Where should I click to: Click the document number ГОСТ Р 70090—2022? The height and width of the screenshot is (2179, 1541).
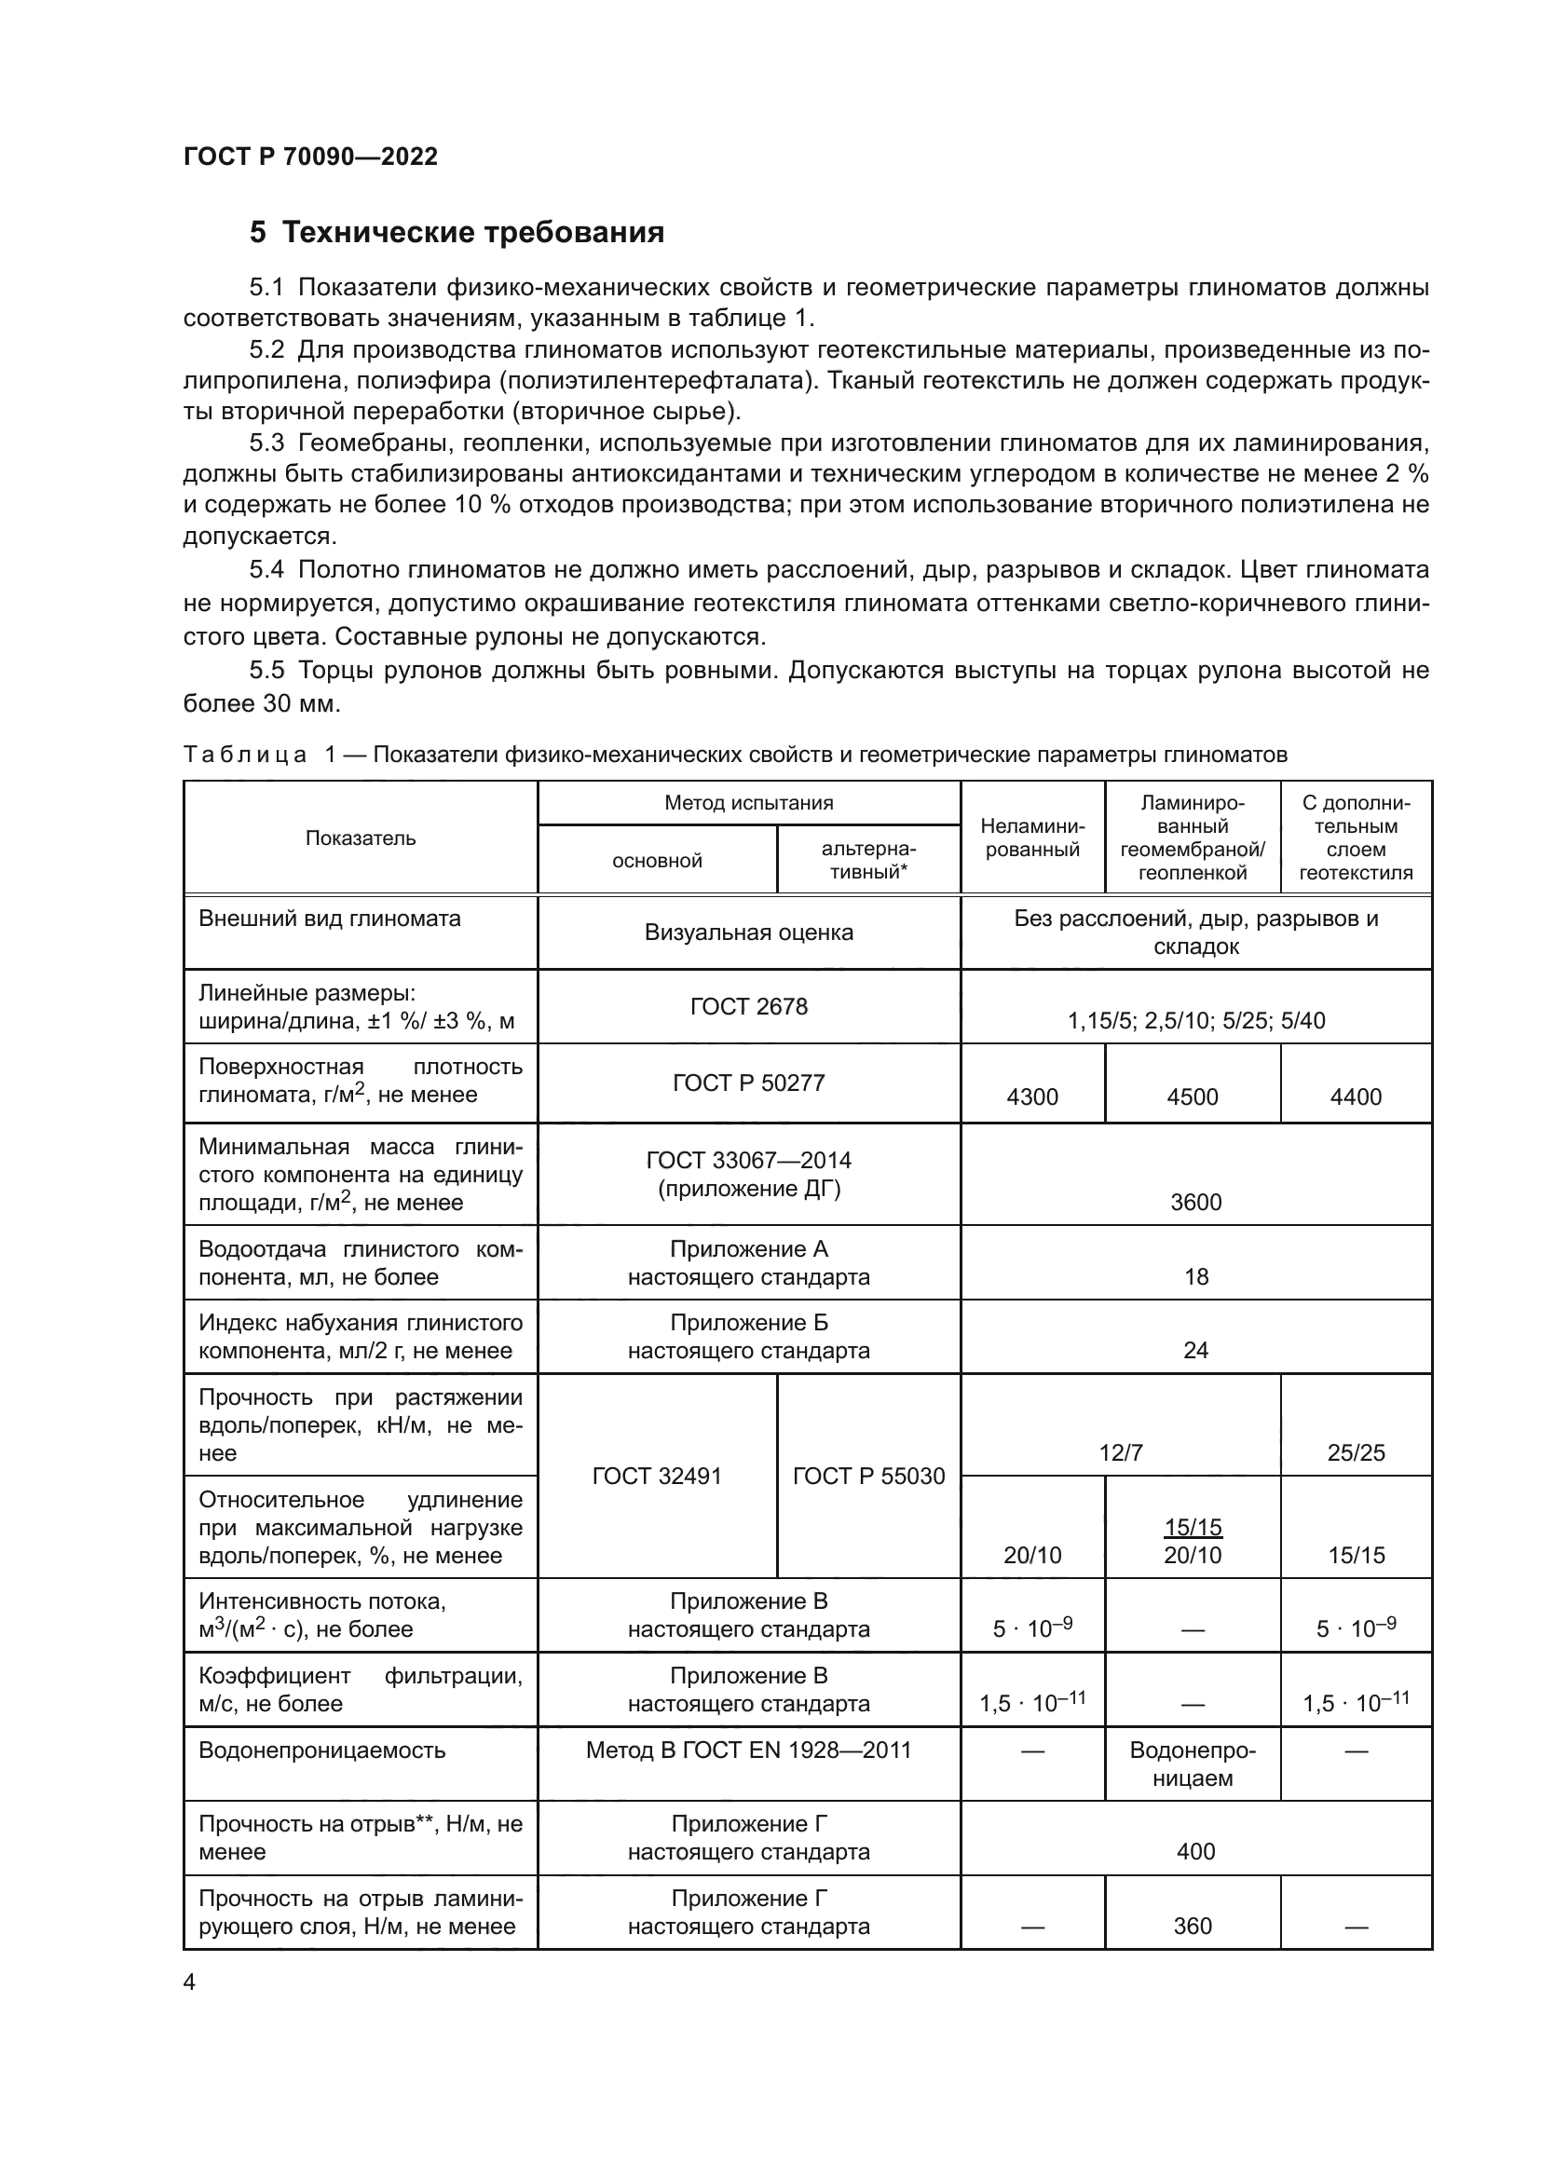tap(310, 157)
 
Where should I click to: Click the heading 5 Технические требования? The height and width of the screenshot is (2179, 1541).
tap(457, 233)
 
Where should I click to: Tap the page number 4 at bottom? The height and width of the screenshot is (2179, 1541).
tap(189, 1982)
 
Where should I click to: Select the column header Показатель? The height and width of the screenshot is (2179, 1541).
tap(360, 838)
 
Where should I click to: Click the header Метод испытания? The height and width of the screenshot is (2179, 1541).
tap(748, 803)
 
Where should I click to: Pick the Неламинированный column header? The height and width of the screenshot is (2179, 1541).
tap(1031, 838)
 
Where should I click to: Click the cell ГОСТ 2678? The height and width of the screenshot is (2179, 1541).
tap(748, 1006)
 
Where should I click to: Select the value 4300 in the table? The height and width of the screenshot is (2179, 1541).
tap(1031, 1097)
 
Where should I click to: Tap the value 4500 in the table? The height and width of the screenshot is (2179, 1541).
tap(1192, 1097)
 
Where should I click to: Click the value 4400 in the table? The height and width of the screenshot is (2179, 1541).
tap(1355, 1097)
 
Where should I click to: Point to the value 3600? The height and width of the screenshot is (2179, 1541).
tap(1194, 1203)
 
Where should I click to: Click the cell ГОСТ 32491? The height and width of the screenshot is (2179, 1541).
tap(656, 1476)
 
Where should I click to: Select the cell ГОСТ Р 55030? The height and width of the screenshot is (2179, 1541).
tap(868, 1476)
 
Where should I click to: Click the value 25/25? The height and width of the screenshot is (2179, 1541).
tap(1355, 1452)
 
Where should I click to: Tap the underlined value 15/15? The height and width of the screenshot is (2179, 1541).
tap(1192, 1527)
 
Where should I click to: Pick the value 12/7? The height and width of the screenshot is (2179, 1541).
tap(1120, 1452)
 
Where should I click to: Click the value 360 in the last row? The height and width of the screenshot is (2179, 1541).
tap(1192, 1926)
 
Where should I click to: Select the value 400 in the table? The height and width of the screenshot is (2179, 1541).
tap(1194, 1851)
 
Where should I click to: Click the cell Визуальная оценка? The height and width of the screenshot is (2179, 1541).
tap(748, 932)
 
